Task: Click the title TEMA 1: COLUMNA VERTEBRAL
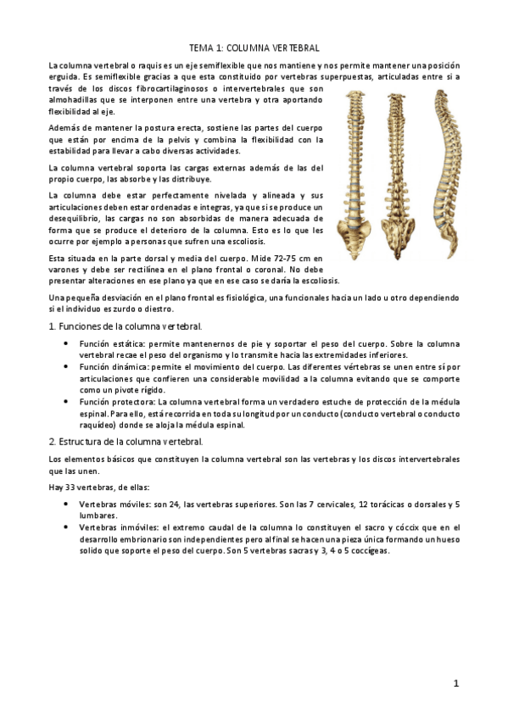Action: [254, 49]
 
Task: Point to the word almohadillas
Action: [75, 100]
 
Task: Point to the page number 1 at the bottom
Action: [455, 683]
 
